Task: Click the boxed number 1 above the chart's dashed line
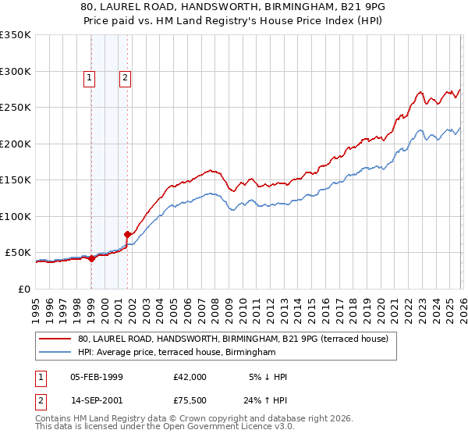pos(90,76)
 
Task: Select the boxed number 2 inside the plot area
pos(125,76)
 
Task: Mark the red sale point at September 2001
pos(127,233)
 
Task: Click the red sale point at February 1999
pos(91,258)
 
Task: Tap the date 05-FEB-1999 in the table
pos(97,377)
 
